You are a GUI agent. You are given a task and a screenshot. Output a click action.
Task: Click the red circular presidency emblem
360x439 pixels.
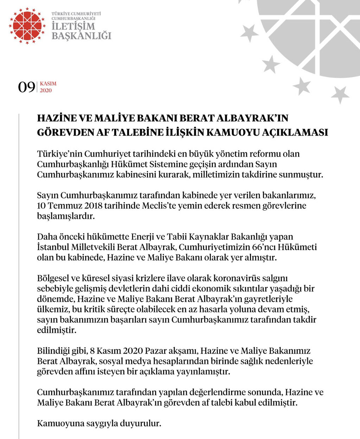(27, 26)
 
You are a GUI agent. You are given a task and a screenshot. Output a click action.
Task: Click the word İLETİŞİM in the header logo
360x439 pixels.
(73, 26)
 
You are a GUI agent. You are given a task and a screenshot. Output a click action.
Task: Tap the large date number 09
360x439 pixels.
(27, 87)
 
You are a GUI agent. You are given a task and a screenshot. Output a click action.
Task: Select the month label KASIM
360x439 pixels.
(48, 84)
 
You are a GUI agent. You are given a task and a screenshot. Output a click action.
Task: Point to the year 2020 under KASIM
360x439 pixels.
(46, 90)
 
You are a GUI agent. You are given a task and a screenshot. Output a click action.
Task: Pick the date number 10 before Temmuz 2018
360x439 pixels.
(41, 205)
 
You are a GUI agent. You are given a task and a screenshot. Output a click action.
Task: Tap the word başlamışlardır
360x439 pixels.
(66, 216)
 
